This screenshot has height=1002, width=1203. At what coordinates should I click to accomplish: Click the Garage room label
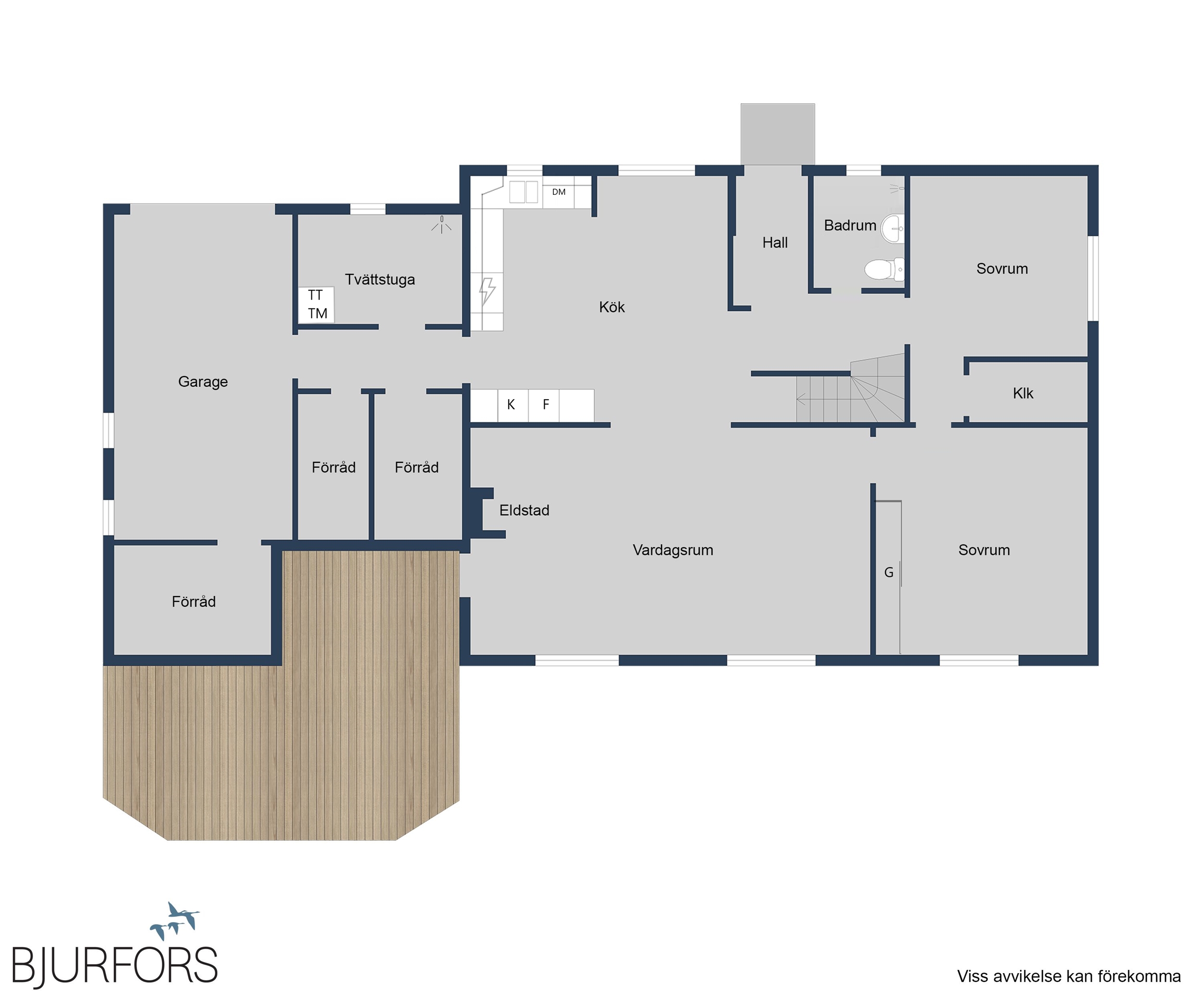pos(203,382)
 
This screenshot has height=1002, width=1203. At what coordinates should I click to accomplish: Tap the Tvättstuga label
pos(380,279)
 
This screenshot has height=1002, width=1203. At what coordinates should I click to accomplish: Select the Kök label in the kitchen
pos(612,307)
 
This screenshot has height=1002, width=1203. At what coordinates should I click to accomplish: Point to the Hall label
pos(775,243)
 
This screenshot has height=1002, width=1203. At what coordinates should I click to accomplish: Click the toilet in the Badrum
pos(884,269)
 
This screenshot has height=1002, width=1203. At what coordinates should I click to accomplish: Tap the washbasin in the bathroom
pos(893,228)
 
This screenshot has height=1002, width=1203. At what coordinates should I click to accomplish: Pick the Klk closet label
pos(1023,393)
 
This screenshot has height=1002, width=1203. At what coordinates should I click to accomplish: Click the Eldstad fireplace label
pos(524,510)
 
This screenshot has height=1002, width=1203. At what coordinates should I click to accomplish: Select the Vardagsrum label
pos(673,550)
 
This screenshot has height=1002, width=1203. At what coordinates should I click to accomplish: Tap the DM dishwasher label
pos(559,192)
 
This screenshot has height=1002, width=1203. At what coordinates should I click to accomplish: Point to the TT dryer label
pos(315,295)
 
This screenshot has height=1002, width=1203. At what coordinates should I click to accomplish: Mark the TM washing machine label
pos(318,313)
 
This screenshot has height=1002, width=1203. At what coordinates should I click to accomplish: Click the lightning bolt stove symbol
pos(487,292)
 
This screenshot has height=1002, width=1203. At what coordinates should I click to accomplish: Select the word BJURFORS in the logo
pos(115,965)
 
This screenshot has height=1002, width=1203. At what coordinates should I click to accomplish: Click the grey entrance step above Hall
pos(777,134)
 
